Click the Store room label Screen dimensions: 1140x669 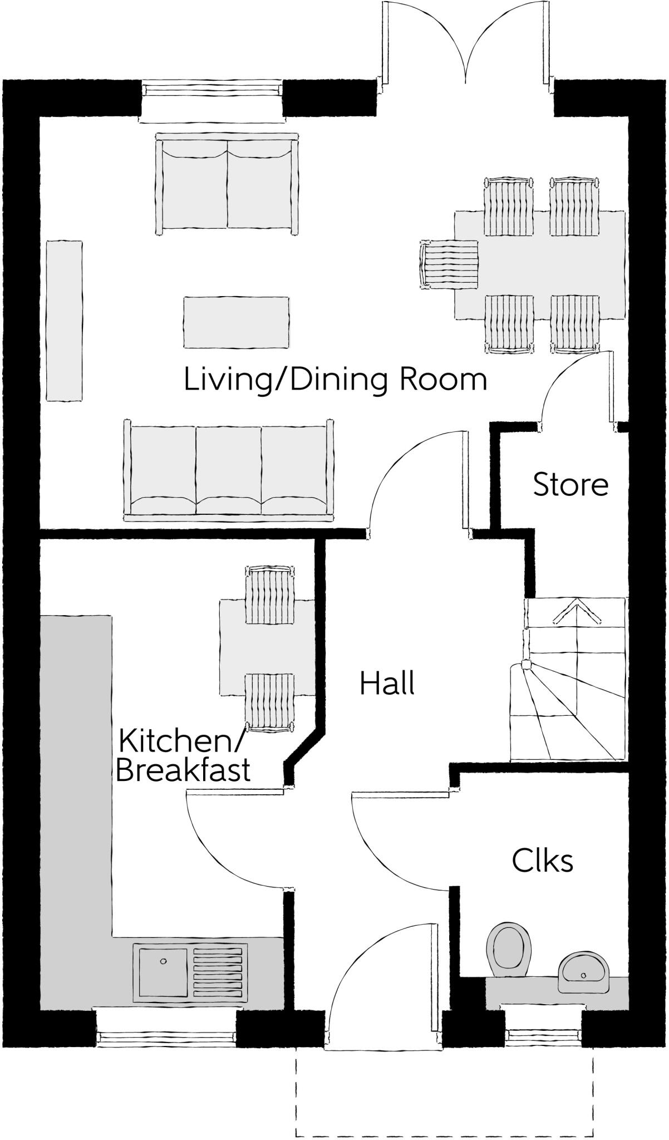pyautogui.click(x=570, y=484)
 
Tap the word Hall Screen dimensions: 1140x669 pyautogui.click(x=387, y=684)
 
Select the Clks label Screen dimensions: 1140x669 pyautogui.click(x=542, y=861)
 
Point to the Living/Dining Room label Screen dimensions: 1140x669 pyautogui.click(x=335, y=380)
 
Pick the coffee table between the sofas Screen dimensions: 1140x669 pyautogui.click(x=236, y=322)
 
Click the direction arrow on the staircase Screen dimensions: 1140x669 pyautogui.click(x=576, y=612)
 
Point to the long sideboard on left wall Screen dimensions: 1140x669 pyautogui.click(x=64, y=320)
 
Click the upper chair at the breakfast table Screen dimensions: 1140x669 pyautogui.click(x=270, y=594)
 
